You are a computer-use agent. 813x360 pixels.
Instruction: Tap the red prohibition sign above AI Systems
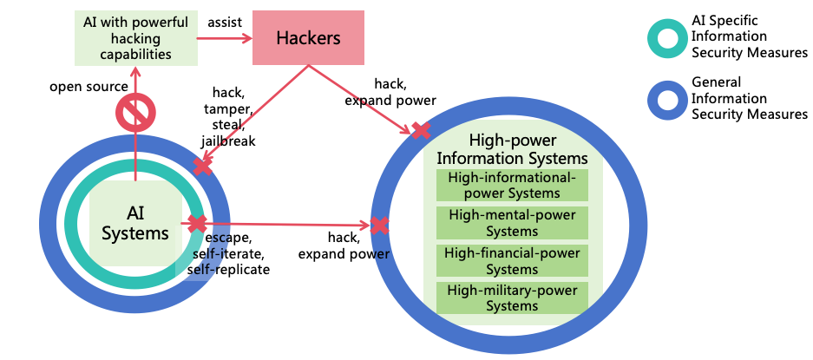coord(135,113)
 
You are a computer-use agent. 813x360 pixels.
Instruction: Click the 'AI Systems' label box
coord(135,223)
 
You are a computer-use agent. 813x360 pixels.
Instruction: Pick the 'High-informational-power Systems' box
coord(512,185)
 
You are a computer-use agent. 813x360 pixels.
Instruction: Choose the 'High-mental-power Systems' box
coord(512,222)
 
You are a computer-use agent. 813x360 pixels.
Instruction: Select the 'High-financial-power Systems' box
coord(512,260)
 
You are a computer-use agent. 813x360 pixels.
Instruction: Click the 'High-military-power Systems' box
coord(512,298)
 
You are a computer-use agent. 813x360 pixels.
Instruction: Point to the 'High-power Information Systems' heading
coord(512,149)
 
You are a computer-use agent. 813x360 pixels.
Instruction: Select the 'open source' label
coord(89,87)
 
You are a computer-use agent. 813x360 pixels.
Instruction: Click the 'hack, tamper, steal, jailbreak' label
coord(228,116)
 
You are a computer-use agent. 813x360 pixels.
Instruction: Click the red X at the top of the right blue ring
coord(420,131)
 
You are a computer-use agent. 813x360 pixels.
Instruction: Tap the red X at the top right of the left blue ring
coord(202,166)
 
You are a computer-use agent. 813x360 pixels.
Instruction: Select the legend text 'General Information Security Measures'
coord(749,98)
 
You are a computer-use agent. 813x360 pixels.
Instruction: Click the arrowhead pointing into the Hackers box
coord(247,38)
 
